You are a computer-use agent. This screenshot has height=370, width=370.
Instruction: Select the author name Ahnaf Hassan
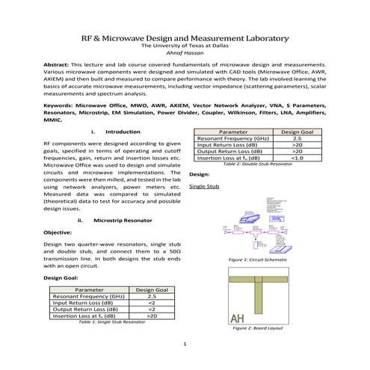pyautogui.click(x=185, y=53)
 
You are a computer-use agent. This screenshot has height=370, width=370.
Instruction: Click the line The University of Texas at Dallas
pyautogui.click(x=185, y=46)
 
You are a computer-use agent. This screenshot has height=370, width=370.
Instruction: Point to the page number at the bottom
pyautogui.click(x=185, y=344)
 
